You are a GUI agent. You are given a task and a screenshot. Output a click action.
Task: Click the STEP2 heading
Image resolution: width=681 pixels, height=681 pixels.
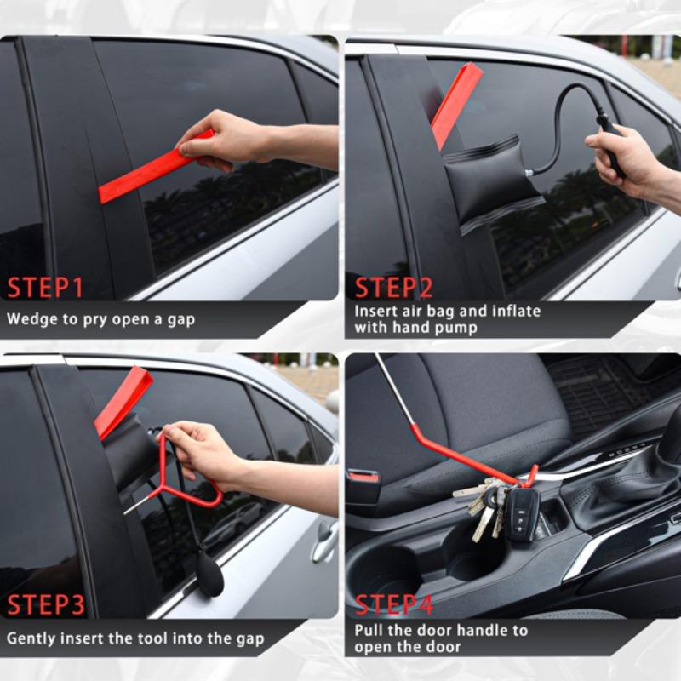point(393,287)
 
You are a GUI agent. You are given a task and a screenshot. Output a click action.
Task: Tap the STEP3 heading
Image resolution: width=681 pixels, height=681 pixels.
point(46,605)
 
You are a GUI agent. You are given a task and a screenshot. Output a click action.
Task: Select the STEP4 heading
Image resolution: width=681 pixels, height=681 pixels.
point(394,605)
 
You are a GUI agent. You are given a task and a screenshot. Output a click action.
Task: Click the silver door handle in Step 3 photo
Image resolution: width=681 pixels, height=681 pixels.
point(324,542)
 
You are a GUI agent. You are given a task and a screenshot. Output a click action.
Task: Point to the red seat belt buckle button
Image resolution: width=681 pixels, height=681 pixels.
point(363,477)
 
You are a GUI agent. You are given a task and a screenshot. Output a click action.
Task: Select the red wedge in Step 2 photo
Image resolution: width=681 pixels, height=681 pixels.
point(455,102)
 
